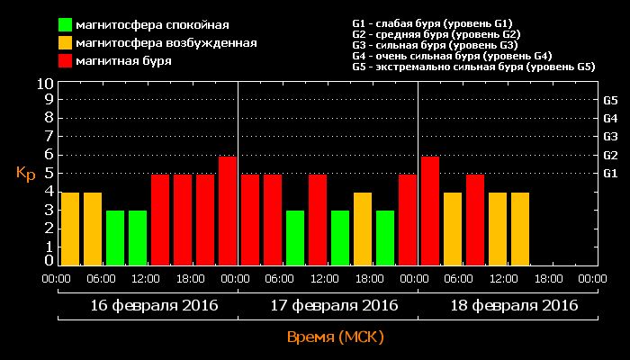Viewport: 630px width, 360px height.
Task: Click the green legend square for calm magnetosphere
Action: [x=66, y=24]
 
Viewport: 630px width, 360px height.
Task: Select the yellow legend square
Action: [x=66, y=42]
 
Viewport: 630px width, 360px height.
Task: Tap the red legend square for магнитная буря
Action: [x=66, y=60]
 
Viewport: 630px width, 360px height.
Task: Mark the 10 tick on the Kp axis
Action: [x=45, y=84]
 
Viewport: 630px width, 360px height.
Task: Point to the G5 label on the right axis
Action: [x=609, y=100]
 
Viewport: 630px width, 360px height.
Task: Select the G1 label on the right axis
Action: [x=609, y=173]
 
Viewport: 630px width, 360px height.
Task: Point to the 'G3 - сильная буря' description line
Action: [x=435, y=45]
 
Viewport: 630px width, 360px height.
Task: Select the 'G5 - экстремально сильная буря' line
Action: [x=473, y=67]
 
